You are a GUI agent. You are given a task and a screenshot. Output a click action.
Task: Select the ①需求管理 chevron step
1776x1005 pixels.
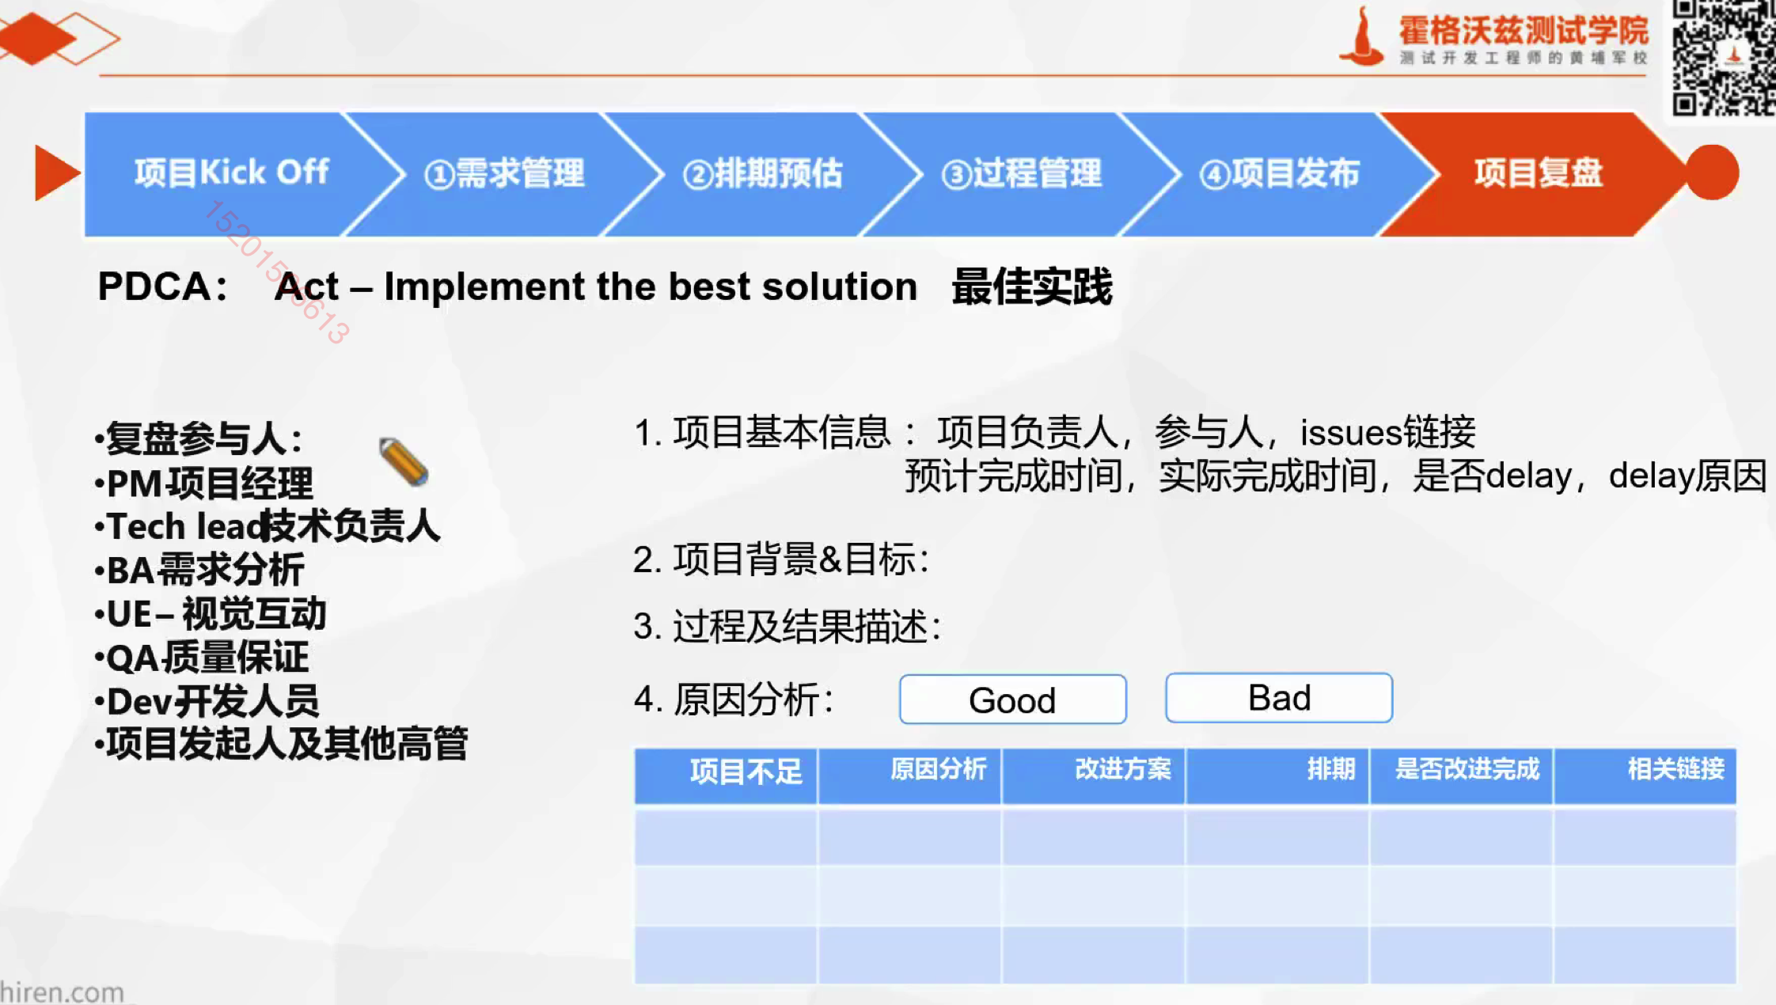(x=505, y=173)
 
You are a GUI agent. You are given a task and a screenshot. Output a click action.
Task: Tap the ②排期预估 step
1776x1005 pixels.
(x=763, y=173)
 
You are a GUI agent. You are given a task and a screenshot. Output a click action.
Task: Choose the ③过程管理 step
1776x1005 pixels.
(x=1021, y=173)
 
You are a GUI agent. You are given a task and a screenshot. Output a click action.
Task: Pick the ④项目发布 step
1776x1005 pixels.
(x=1280, y=173)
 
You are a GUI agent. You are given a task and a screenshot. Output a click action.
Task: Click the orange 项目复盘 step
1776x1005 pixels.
(x=1539, y=173)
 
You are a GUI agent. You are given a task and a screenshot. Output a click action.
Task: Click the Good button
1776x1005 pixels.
(x=1013, y=700)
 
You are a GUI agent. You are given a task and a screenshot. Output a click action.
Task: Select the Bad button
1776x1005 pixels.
(x=1279, y=698)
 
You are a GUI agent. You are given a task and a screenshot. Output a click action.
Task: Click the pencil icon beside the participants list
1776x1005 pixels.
(x=404, y=461)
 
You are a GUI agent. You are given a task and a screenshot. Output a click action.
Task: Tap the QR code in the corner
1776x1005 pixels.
(x=1723, y=59)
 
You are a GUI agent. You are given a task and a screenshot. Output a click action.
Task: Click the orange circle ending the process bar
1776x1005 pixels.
(x=1713, y=173)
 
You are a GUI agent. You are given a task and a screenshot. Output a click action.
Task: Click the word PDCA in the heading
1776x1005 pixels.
(x=154, y=286)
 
